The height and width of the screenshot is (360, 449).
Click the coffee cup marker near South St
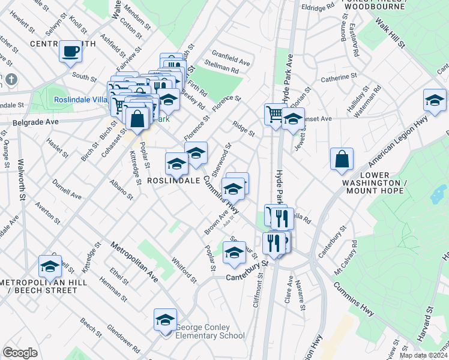coord(71,51)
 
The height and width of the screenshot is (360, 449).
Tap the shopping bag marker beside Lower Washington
coord(342,159)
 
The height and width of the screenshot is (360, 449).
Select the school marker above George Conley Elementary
coord(165,320)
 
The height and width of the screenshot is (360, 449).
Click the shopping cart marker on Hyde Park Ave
coord(275,113)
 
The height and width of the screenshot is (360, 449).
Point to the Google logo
coord(20,353)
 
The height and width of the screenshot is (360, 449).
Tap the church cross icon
coord(12,79)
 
